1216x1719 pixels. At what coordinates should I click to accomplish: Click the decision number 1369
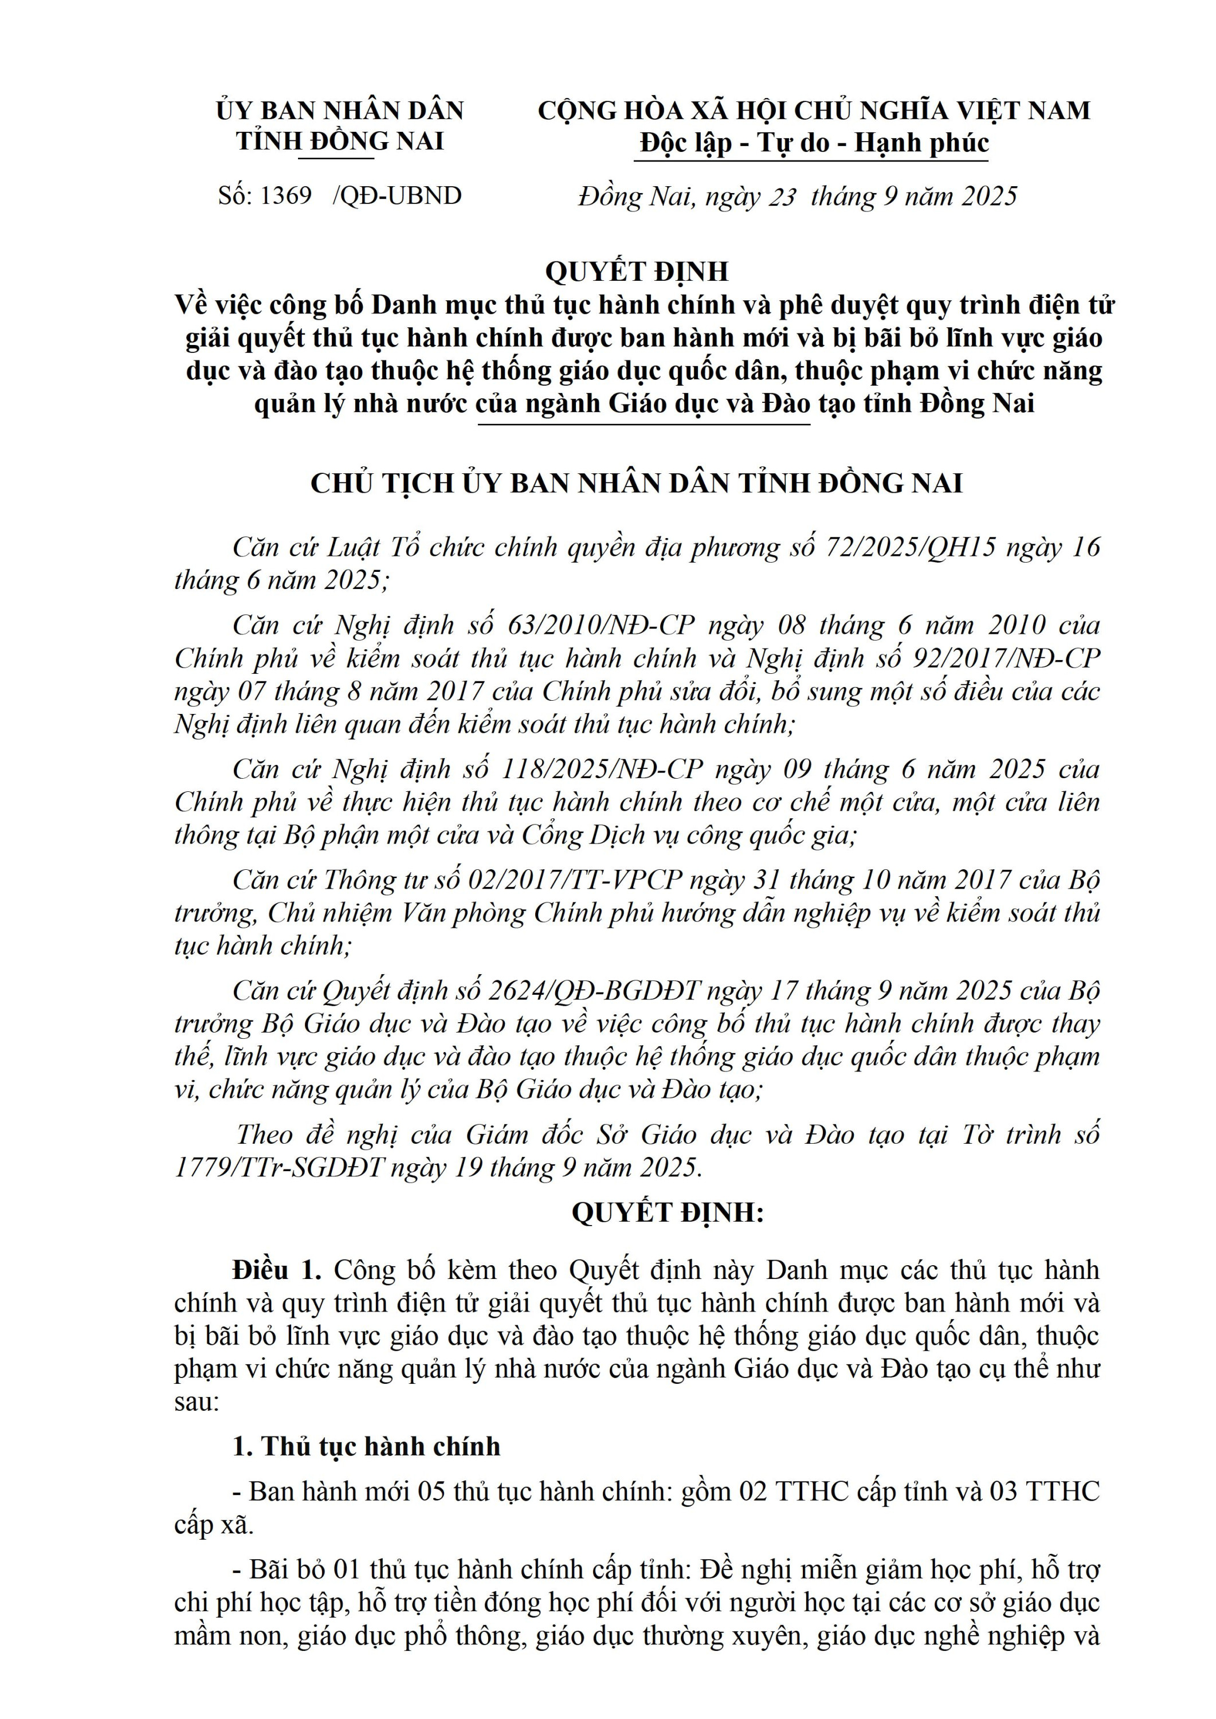(285, 196)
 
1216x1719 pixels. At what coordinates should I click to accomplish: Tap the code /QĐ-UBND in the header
(398, 196)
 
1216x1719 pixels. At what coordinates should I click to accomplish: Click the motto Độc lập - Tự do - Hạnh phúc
(814, 143)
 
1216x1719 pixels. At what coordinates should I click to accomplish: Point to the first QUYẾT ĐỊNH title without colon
(637, 271)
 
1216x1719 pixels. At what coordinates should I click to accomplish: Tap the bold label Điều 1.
(276, 1270)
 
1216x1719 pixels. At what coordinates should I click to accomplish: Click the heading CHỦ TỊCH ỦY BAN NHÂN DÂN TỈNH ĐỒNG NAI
(637, 484)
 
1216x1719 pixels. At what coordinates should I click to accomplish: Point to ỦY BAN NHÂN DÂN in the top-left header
(340, 111)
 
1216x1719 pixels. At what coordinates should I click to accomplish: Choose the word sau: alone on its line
(196, 1402)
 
